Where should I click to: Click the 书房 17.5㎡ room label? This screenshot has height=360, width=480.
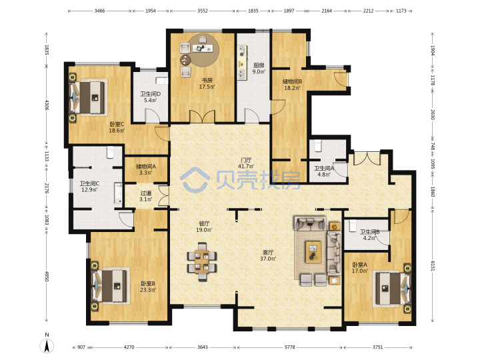pyautogui.click(x=207, y=83)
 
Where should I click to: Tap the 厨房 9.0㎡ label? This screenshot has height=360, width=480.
pyautogui.click(x=259, y=68)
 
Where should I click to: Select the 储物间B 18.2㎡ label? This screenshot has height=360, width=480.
pyautogui.click(x=292, y=85)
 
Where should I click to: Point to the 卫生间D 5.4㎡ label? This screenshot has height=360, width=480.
pyautogui.click(x=150, y=97)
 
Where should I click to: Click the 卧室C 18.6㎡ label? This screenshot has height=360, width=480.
pyautogui.click(x=117, y=127)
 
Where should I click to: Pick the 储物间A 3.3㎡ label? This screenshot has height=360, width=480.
pyautogui.click(x=146, y=169)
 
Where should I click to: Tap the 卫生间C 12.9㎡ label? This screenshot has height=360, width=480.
pyautogui.click(x=89, y=187)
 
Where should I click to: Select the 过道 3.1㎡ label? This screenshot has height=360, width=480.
pyautogui.click(x=146, y=196)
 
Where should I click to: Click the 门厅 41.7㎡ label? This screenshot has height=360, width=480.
pyautogui.click(x=246, y=163)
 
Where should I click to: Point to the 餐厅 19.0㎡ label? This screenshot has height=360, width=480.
pyautogui.click(x=204, y=227)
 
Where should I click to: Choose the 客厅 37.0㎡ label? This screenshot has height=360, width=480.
pyautogui.click(x=268, y=255)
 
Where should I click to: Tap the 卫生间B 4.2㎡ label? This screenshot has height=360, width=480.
pyautogui.click(x=369, y=235)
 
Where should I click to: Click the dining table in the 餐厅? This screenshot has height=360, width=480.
pyautogui.click(x=202, y=262)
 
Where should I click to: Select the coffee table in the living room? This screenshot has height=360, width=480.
pyautogui.click(x=313, y=252)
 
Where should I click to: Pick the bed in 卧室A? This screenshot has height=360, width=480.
pyautogui.click(x=392, y=289)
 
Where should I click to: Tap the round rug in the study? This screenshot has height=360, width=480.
pyautogui.click(x=203, y=50)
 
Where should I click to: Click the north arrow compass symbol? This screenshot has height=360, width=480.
pyautogui.click(x=47, y=344)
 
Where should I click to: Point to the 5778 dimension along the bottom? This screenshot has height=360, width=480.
pyautogui.click(x=289, y=347)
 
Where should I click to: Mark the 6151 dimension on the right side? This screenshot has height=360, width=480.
pyautogui.click(x=433, y=266)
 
